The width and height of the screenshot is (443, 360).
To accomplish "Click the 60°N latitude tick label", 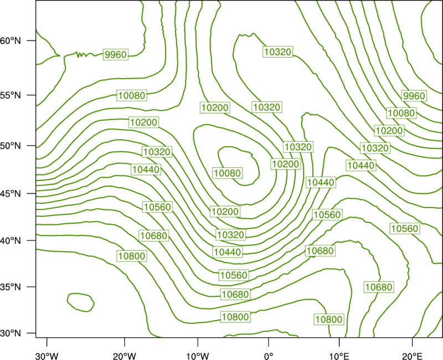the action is pyautogui.click(x=11, y=40).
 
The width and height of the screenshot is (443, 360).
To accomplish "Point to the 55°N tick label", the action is pyautogui.click(x=11, y=95).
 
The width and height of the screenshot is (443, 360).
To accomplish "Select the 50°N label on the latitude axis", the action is pyautogui.click(x=11, y=146).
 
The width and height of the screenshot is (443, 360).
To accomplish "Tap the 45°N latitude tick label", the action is pyautogui.click(x=11, y=193).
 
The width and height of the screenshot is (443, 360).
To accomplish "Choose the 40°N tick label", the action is pyautogui.click(x=11, y=241).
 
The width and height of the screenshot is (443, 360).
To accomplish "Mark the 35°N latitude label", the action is pyautogui.click(x=11, y=287).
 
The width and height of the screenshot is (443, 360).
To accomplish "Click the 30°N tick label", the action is pyautogui.click(x=11, y=333).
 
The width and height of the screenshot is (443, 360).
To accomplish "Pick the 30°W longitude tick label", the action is pyautogui.click(x=47, y=356).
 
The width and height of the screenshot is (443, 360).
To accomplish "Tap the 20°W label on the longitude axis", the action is pyautogui.click(x=125, y=356).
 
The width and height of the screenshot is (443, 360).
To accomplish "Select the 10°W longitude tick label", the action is pyautogui.click(x=198, y=356).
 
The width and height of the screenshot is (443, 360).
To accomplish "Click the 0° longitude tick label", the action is pyautogui.click(x=269, y=356).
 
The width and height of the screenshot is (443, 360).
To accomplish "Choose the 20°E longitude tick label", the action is pyautogui.click(x=412, y=356).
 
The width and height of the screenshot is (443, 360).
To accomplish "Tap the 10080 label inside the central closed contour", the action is pyautogui.click(x=228, y=173).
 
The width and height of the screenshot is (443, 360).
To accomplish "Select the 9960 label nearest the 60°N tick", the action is pyautogui.click(x=116, y=54).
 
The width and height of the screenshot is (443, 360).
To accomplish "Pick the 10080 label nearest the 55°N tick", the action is pyautogui.click(x=132, y=95).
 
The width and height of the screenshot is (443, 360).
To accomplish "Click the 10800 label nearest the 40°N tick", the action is pyautogui.click(x=132, y=256).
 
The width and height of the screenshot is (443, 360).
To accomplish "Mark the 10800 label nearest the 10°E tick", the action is pyautogui.click(x=329, y=320).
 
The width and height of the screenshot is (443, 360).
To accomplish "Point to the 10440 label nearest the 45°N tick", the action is pyautogui.click(x=146, y=169).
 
